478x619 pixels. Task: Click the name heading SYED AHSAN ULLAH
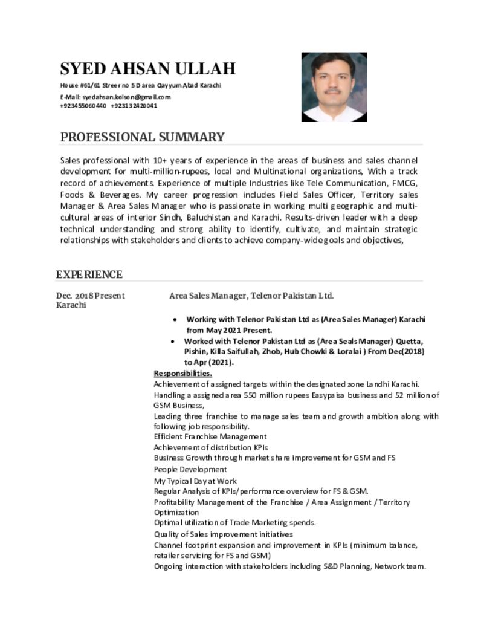pos(147,68)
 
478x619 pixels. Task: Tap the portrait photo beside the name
pos(334,87)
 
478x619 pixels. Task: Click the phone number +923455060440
pos(83,106)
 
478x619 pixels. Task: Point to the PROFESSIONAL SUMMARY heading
pos(142,137)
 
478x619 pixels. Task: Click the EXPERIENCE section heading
pos(89,275)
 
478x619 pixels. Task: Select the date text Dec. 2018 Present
pos(91,296)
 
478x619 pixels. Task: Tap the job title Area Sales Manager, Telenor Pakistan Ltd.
pos(251,296)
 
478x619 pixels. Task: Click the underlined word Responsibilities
pos(182,374)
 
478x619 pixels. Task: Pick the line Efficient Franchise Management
pos(210,436)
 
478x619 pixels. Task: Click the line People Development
pos(190,469)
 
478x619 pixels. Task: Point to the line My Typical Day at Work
pos(195,481)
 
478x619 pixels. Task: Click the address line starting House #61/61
pos(140,85)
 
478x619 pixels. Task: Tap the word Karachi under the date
pos(71,305)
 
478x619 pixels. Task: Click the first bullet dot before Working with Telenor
pos(175,319)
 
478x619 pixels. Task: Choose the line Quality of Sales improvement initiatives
pos(223,534)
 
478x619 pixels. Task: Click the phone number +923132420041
pos(134,106)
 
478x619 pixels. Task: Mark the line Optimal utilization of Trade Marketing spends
pos(234,522)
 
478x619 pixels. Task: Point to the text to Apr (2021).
pos(208,363)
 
